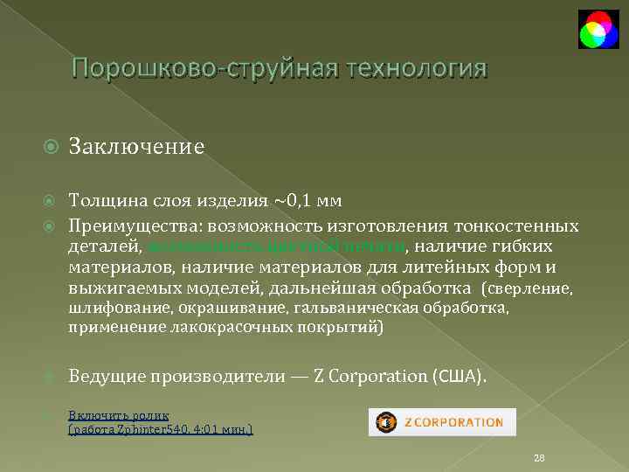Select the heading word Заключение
pyautogui.click(x=136, y=145)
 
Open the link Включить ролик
pyautogui.click(x=119, y=415)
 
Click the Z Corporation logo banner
pyautogui.click(x=441, y=422)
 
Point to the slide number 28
pyautogui.click(x=538, y=458)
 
